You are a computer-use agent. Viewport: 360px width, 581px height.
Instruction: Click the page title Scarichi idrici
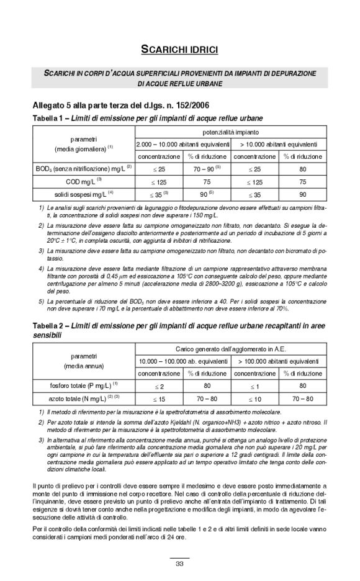click(179, 48)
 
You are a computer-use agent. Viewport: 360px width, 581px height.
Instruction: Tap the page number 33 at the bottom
click(179, 564)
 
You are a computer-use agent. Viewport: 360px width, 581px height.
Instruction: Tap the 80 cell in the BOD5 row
click(304, 168)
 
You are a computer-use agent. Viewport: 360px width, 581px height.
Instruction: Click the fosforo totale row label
click(83, 385)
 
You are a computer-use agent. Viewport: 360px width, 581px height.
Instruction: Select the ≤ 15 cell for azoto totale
click(159, 399)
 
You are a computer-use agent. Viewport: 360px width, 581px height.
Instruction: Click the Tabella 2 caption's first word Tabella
click(47, 325)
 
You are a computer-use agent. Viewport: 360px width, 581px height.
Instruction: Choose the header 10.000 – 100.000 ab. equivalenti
click(182, 361)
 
